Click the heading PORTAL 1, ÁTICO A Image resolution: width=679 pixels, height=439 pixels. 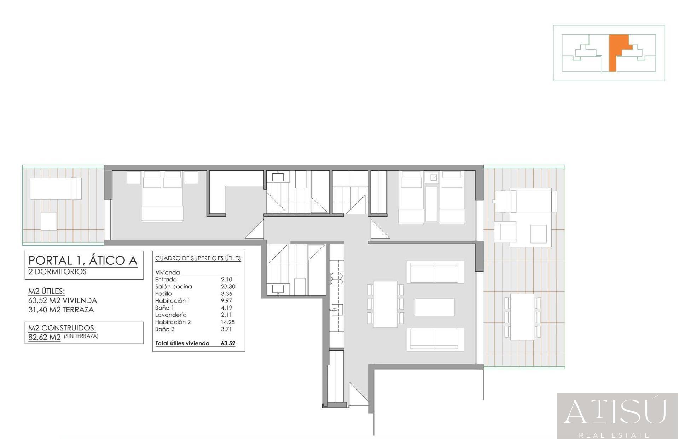(83, 261)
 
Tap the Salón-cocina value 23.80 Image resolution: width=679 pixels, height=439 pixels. (228, 287)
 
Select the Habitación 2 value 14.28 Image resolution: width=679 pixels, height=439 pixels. (228, 322)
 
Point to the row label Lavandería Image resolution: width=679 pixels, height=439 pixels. (170, 315)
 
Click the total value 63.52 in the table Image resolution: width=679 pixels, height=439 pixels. (228, 343)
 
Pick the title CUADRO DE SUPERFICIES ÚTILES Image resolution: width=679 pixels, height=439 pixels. (198, 258)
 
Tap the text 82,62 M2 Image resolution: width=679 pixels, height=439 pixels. (45, 337)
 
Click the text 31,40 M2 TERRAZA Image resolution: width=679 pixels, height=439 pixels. (61, 310)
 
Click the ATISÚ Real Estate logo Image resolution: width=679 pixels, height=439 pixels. (617, 416)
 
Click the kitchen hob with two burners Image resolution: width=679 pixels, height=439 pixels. (336, 279)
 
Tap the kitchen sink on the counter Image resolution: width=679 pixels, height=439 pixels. (337, 310)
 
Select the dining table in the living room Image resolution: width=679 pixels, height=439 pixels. (385, 304)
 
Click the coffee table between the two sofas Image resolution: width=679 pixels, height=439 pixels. (435, 307)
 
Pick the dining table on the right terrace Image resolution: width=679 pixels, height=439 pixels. (523, 317)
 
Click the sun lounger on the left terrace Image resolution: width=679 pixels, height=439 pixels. (56, 189)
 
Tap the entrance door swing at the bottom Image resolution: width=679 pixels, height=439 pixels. (359, 394)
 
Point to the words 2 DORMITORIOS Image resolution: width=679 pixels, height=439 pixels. (57, 272)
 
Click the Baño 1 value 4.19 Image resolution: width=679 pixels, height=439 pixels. (227, 308)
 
